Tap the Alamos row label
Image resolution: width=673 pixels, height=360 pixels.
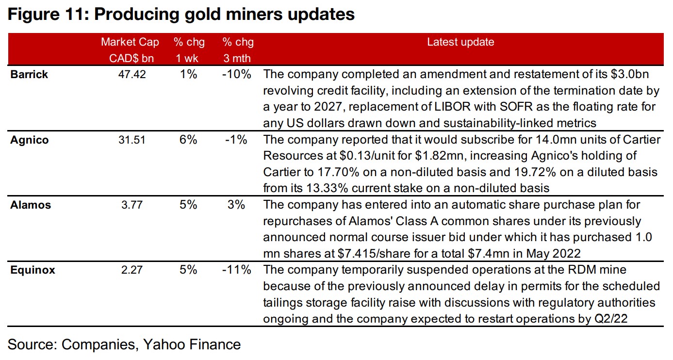tap(30, 205)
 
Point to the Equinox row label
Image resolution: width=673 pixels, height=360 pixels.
tap(33, 270)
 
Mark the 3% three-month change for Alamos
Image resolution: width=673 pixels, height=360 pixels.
tap(236, 205)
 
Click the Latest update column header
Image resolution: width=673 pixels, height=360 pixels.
tap(460, 42)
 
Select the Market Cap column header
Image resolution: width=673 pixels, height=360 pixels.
tap(130, 42)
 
